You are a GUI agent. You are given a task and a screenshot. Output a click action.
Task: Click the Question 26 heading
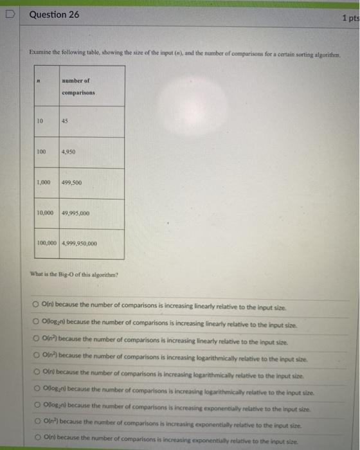tap(54, 14)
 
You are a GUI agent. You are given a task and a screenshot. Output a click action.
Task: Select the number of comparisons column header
tap(78, 86)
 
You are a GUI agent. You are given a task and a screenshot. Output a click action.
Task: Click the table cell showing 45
tap(66, 121)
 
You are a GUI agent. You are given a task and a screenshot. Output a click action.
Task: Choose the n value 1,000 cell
tap(43, 183)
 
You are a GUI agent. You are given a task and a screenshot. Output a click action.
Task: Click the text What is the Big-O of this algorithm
tap(75, 274)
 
